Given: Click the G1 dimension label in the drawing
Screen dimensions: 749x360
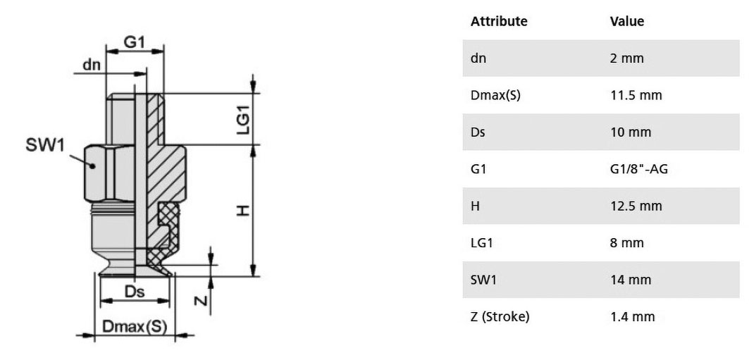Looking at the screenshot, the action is coord(134,42).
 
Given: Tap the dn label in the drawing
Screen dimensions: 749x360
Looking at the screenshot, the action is coord(92,65).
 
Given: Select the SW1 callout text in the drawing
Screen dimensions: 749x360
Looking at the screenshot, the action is coord(44,146).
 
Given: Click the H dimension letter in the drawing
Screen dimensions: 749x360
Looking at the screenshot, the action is coord(244,210).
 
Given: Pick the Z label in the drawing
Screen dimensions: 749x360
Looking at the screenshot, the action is coord(202,300).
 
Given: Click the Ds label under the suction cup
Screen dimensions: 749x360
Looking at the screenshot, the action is coord(135,292).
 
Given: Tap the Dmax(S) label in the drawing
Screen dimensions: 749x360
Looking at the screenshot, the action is coord(135,327).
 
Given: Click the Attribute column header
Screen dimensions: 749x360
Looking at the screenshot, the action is coord(499,21).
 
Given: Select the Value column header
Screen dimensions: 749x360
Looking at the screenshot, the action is coord(626,21).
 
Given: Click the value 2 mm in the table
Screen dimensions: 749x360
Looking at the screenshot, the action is coord(626,58).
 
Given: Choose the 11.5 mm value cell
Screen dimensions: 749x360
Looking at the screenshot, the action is coord(636,96).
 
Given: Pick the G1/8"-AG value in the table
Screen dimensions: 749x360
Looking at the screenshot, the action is coord(639,169).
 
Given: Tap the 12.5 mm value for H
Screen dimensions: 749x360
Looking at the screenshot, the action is coord(636,206).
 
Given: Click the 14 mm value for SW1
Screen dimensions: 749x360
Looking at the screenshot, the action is coord(631,279).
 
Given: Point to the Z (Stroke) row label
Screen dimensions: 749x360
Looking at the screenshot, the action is coord(500,316).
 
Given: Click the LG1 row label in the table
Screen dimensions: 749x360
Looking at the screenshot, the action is coord(482,242).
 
